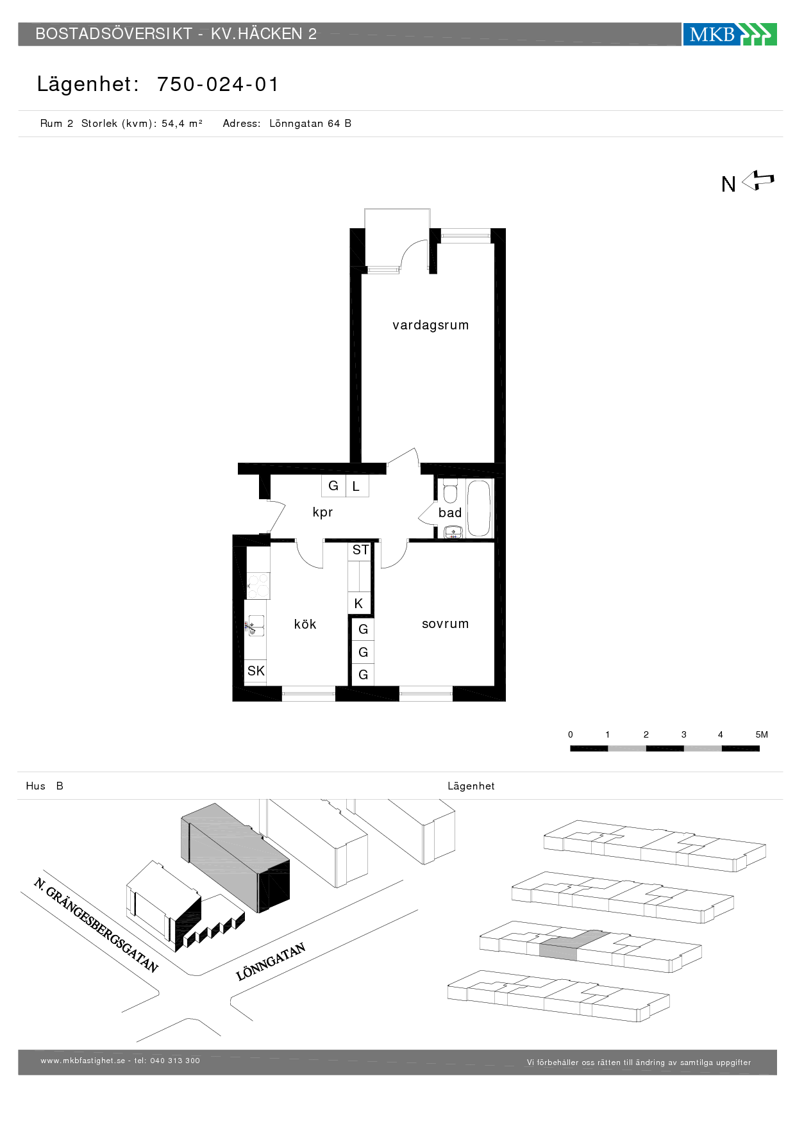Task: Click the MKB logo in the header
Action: pos(730,34)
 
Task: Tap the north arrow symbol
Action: pos(758,181)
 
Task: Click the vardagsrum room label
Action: pos(430,325)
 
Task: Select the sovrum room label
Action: pos(445,624)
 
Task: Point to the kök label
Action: pos(305,624)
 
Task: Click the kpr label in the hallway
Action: pos(322,512)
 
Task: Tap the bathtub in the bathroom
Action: pos(479,509)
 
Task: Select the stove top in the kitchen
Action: pos(258,586)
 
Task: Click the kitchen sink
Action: pos(256,625)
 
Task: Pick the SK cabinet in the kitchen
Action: pos(256,671)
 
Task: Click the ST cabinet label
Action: pos(360,550)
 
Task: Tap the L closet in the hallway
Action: pos(356,486)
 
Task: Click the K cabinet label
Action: pos(358,603)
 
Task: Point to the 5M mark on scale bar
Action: pos(762,734)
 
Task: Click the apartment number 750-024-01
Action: pos(218,84)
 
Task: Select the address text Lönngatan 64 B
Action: pos(310,123)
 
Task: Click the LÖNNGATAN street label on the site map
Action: pos(271,962)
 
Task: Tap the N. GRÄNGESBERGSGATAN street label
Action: pos(96,925)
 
